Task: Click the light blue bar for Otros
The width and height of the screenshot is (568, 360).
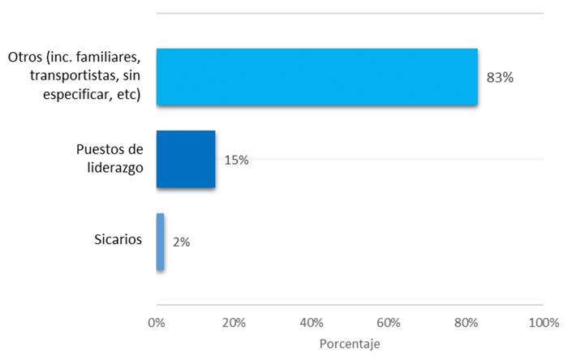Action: click(x=316, y=77)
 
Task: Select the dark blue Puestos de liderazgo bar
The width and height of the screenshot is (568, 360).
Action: click(x=185, y=159)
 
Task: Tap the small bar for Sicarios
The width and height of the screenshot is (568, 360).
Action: click(x=160, y=242)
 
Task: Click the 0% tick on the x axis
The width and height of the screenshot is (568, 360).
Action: click(x=157, y=323)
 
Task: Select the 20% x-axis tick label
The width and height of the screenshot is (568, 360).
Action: click(x=234, y=323)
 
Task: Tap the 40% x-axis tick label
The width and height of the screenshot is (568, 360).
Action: click(x=312, y=323)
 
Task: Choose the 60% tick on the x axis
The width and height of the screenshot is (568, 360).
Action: click(x=389, y=323)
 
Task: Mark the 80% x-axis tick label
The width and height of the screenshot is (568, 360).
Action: click(x=466, y=323)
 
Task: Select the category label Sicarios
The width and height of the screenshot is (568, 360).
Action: click(x=118, y=240)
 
